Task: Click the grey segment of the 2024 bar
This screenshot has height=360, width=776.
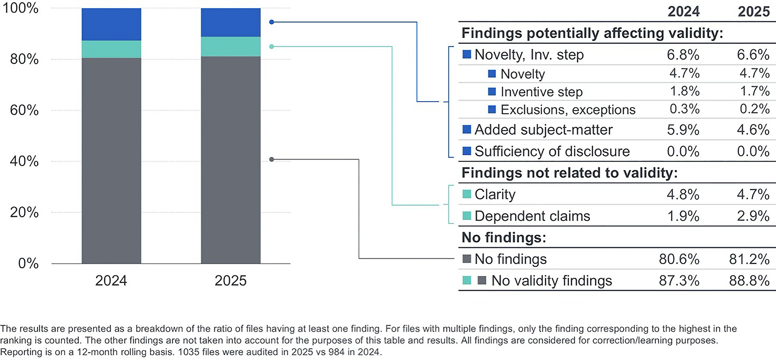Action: [x=111, y=161]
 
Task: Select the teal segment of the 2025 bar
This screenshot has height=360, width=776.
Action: [x=231, y=46]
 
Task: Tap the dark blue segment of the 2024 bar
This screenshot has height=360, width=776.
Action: [x=111, y=24]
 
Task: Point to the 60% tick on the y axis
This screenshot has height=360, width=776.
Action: [x=24, y=110]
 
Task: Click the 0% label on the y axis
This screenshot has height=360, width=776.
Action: [x=28, y=263]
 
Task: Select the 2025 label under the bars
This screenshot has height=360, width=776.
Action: [x=231, y=280]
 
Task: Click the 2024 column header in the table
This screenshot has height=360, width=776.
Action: [x=683, y=11]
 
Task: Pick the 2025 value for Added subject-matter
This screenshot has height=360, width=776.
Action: [x=753, y=130]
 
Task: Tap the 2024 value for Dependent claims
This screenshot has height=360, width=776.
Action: [x=683, y=216]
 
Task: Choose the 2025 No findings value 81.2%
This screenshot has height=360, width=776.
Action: [x=749, y=259]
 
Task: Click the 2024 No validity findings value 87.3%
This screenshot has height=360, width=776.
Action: [x=679, y=281]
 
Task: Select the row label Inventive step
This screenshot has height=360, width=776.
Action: [x=542, y=92]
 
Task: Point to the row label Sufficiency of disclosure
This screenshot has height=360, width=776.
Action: [x=552, y=151]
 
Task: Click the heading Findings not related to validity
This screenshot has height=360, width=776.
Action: [x=569, y=173]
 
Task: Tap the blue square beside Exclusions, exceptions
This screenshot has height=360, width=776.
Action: [x=492, y=109]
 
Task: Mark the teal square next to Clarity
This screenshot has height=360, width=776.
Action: [x=467, y=194]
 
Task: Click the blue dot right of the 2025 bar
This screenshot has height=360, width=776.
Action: [x=272, y=22]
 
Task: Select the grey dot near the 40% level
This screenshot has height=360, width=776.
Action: [x=272, y=160]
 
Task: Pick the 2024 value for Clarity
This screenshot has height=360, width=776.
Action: [x=683, y=194]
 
